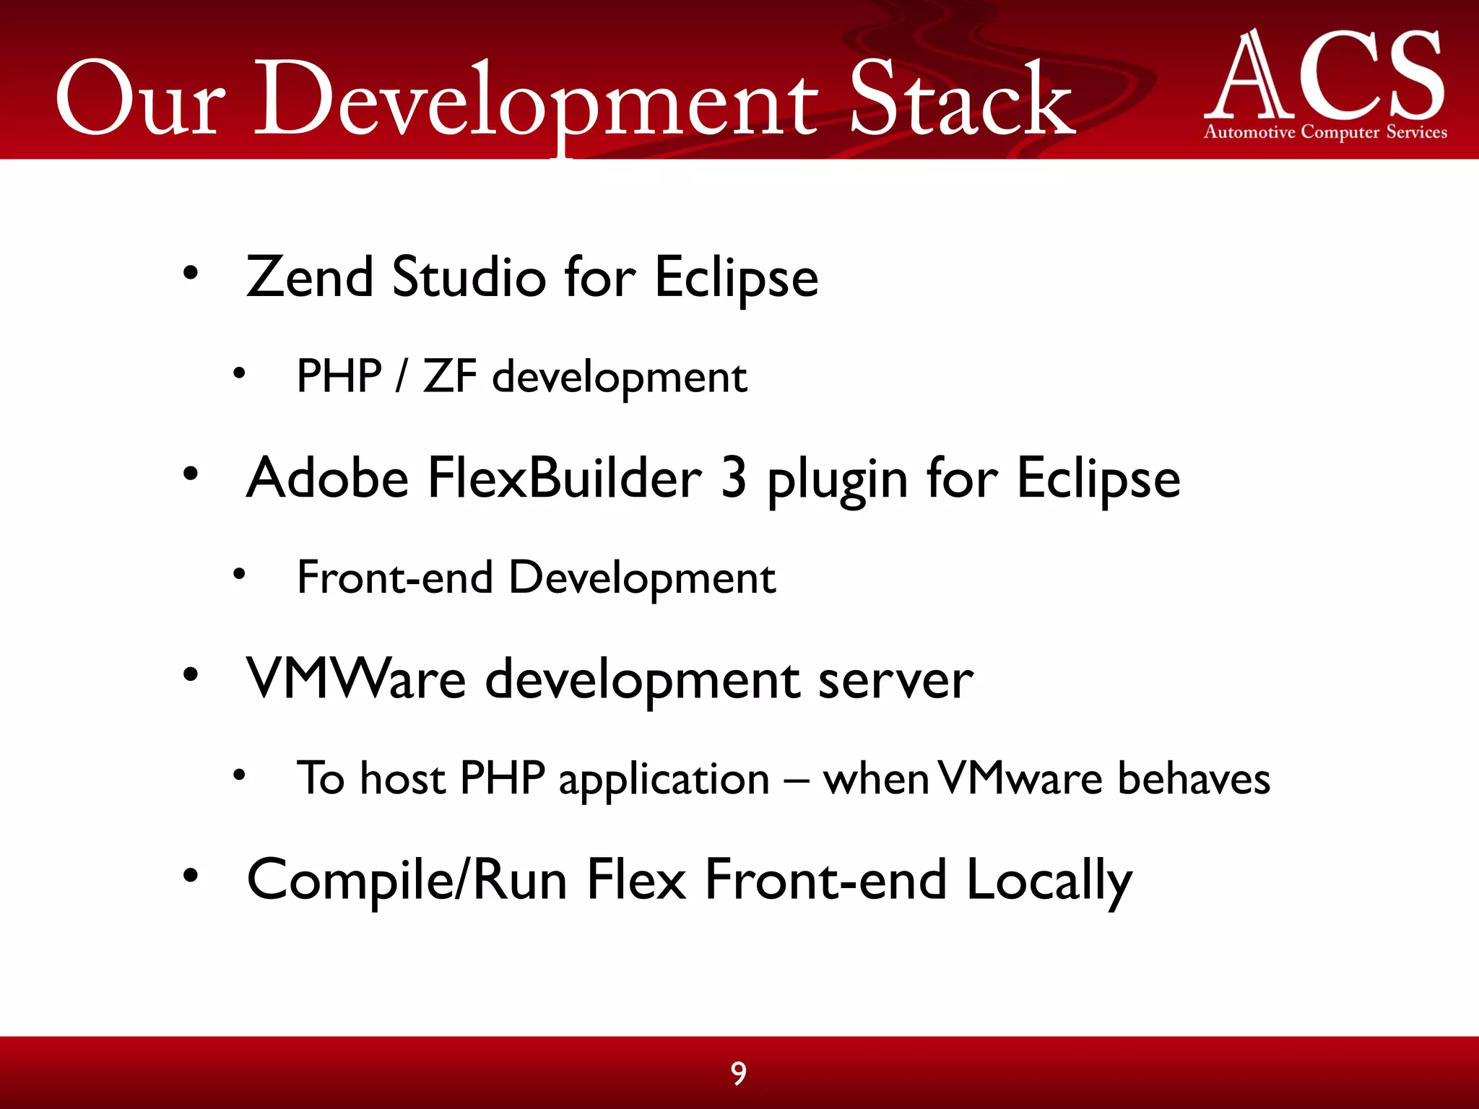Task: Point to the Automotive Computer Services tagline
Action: (1325, 132)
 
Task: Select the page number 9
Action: (738, 1074)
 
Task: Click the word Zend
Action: (310, 277)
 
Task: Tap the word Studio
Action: (469, 277)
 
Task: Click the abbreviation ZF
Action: (449, 377)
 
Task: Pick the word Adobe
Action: (328, 478)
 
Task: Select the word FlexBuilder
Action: (564, 478)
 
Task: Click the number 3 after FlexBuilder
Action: (733, 478)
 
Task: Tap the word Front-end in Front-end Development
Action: (395, 578)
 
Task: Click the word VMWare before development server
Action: (356, 679)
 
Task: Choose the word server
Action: (895, 680)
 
